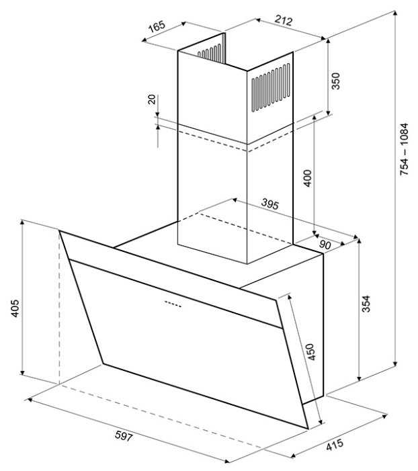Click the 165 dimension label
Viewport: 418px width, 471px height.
[157, 26]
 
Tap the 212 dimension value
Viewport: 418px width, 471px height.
[284, 20]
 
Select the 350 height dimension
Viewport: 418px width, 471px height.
[335, 81]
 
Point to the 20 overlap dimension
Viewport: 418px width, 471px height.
[152, 99]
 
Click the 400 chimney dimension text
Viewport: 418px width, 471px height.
[308, 178]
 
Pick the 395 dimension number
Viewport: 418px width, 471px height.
[270, 204]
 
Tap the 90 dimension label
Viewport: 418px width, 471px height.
[325, 245]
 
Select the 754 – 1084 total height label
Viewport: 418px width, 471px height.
[404, 149]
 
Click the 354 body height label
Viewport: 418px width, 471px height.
[366, 304]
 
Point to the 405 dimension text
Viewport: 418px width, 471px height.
[15, 308]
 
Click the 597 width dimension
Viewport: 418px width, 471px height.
[124, 436]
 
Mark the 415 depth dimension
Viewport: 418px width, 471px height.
[335, 445]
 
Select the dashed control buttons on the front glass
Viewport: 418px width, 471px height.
[173, 304]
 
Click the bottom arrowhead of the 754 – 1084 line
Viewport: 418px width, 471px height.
[396, 363]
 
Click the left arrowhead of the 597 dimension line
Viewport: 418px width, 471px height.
[29, 400]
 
